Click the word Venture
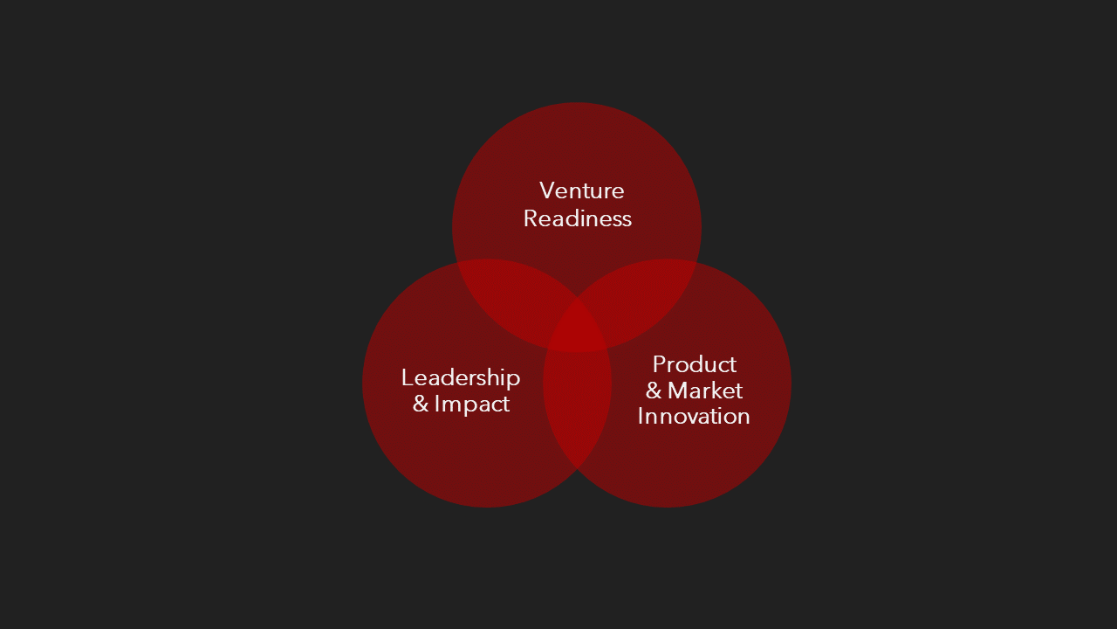point(582,190)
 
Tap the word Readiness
point(578,218)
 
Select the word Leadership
point(461,377)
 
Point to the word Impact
point(472,404)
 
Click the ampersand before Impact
point(421,405)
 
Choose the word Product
point(695,364)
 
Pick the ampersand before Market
point(654,391)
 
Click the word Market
point(705,391)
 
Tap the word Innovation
point(694,416)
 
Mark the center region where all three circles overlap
point(577,325)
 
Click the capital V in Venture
point(547,190)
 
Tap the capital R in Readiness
point(531,218)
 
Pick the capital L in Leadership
point(407,377)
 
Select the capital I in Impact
point(437,404)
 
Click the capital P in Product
point(659,364)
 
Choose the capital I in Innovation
point(641,416)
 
